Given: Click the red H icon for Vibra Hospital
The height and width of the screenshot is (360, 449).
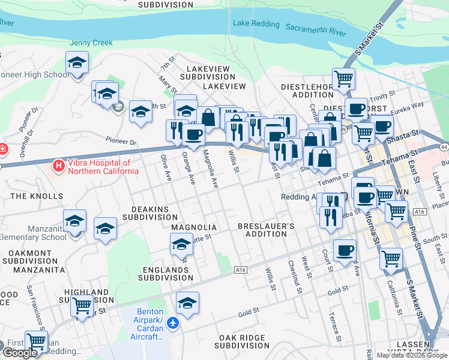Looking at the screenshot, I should coord(59,164).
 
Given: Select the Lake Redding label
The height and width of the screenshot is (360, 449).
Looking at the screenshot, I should coord(256,24).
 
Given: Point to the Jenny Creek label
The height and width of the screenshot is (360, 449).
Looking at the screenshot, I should coord(91,43).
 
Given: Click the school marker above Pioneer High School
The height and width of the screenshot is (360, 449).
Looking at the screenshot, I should coord(77,62).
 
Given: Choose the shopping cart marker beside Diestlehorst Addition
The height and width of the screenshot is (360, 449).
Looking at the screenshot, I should coord(343,78).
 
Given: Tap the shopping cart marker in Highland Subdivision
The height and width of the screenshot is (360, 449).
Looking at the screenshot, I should coord(82,306).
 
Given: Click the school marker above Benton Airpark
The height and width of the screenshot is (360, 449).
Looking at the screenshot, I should coord(188,302).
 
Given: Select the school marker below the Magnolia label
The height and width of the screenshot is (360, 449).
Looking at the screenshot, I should coord(181,244).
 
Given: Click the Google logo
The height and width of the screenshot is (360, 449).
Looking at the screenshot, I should coord(20,353).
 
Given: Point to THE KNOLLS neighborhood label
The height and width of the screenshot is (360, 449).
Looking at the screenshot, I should coord(37,196).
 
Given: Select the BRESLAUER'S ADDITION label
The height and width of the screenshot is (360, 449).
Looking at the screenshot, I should coord(266,230).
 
